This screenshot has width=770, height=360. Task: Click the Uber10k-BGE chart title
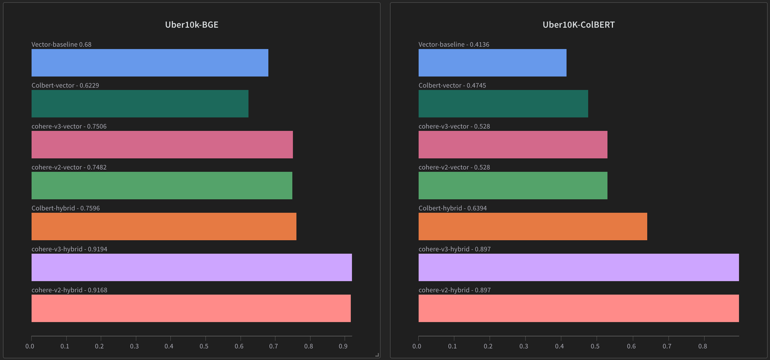click(x=191, y=25)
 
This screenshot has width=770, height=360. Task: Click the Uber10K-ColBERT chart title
click(x=578, y=25)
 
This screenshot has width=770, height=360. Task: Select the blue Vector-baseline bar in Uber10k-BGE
click(x=150, y=63)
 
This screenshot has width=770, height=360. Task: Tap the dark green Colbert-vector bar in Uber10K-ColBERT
click(x=503, y=104)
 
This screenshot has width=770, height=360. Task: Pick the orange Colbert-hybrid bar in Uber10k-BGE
click(x=164, y=226)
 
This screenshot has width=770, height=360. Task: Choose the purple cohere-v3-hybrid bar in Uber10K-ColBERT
click(x=578, y=267)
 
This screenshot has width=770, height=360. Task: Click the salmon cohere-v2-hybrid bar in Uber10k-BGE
click(x=191, y=308)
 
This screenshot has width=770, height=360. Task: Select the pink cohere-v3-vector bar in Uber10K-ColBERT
click(x=513, y=144)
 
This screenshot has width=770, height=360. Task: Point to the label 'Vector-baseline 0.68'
click(x=61, y=44)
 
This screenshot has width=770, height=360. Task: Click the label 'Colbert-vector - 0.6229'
click(x=65, y=85)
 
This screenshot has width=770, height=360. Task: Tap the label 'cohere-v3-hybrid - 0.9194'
click(x=69, y=249)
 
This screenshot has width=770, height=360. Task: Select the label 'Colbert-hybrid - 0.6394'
click(x=452, y=208)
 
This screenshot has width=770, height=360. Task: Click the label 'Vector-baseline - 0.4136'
click(x=454, y=44)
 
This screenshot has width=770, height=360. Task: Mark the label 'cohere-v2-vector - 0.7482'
click(x=69, y=167)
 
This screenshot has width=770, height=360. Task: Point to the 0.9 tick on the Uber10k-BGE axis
click(x=343, y=346)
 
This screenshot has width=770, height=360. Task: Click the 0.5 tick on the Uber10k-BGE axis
click(x=204, y=346)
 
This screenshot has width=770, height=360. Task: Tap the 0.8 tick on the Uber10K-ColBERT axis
click(x=703, y=346)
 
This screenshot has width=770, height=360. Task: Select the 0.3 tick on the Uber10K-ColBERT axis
click(x=524, y=346)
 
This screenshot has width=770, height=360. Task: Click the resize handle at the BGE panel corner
click(x=377, y=355)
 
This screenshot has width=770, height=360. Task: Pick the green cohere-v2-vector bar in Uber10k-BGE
click(x=162, y=185)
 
